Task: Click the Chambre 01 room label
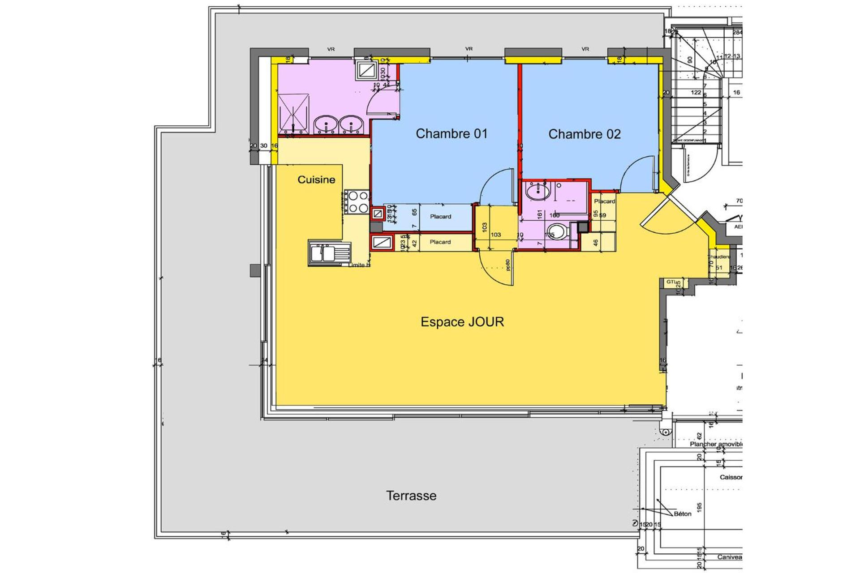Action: pyautogui.click(x=451, y=133)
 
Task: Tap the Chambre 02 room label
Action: pyautogui.click(x=584, y=134)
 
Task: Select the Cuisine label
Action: pyautogui.click(x=316, y=180)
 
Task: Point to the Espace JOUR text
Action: pyautogui.click(x=462, y=321)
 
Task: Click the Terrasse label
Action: pyautogui.click(x=411, y=496)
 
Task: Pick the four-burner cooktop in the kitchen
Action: pyautogui.click(x=357, y=202)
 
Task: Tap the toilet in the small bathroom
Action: pyautogui.click(x=558, y=232)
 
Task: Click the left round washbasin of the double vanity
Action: pyautogui.click(x=326, y=124)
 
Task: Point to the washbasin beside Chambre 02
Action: pyautogui.click(x=537, y=192)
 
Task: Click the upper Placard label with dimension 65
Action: pyautogui.click(x=440, y=217)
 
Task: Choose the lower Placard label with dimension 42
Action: pyautogui.click(x=440, y=242)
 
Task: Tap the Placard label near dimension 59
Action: pyautogui.click(x=604, y=201)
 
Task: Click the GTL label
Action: pyautogui.click(x=671, y=282)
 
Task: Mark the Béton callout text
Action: pyautogui.click(x=682, y=514)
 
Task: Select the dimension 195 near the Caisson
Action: pyautogui.click(x=699, y=507)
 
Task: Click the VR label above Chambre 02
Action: pyautogui.click(x=585, y=49)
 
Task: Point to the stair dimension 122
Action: pyautogui.click(x=696, y=93)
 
